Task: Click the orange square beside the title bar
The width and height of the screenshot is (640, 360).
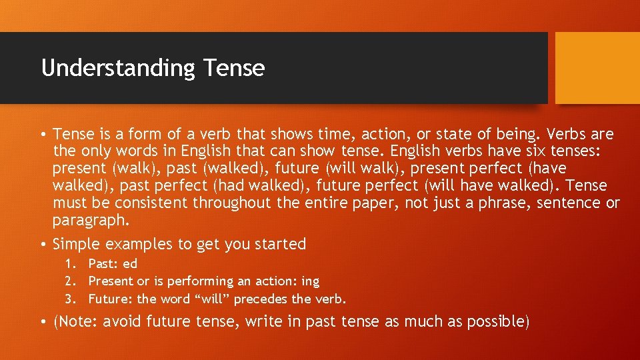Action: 597,68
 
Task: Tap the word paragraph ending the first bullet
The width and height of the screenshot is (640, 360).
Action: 89,220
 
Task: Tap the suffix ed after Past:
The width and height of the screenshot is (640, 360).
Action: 130,264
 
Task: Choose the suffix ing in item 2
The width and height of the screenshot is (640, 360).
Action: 310,281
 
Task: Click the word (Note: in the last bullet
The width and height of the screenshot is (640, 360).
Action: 76,322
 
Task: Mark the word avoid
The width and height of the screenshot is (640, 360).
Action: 123,322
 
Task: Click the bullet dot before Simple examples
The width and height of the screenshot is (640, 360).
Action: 43,245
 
